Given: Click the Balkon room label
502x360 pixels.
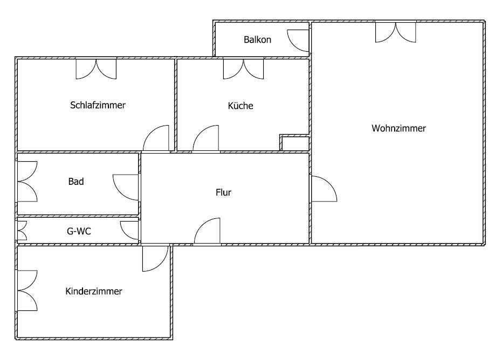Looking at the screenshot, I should coord(257,39).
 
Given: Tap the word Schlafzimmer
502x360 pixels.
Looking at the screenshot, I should coord(98,105).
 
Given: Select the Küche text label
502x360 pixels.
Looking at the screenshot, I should coord(240,106).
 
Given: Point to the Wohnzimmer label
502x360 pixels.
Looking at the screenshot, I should coord(398,128).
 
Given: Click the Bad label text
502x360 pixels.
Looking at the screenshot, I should coord(76,182).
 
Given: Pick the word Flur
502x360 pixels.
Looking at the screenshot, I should coord(223,192).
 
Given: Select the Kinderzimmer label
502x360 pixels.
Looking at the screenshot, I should coord(94,292).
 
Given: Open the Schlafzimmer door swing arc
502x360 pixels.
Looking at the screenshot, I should coord(157,139).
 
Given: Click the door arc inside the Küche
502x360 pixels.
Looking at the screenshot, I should coord(207,140).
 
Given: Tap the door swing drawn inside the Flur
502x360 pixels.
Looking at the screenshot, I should coord(208,232).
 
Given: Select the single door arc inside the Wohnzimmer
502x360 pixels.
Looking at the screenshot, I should coord(323,189).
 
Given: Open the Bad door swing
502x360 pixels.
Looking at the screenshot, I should coord(126,186).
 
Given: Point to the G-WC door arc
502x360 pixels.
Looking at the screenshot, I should coord(130,230).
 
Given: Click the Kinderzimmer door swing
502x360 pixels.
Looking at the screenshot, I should coord(155,258).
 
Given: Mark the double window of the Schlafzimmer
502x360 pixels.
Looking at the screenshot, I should coord(96,68).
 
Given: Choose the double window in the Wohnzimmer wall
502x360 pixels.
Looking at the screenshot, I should coord(396,31).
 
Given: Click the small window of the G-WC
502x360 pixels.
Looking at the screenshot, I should coord(22,231).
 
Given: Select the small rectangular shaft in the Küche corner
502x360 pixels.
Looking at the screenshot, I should coord(295,143).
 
